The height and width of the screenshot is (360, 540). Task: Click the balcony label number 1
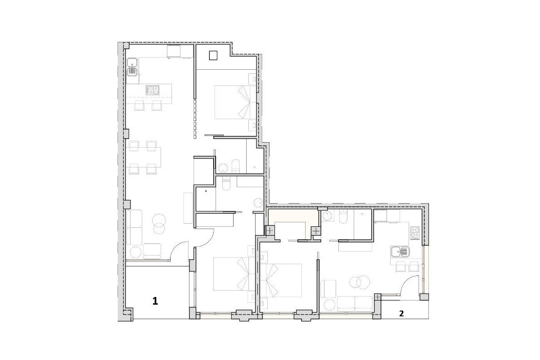coord(155,301)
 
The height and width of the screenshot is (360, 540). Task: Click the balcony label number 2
coord(401,314)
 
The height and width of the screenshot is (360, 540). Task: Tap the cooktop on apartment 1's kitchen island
coord(153,90)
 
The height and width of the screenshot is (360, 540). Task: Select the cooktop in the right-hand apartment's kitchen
coord(415,233)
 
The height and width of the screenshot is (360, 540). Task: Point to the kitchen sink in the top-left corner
coord(132,67)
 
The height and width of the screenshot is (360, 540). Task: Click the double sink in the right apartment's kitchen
coord(400,252)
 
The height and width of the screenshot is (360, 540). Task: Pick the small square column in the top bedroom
coord(213,56)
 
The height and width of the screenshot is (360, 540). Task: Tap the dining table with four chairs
coord(143,157)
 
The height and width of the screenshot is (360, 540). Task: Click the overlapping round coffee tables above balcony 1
coord(159,224)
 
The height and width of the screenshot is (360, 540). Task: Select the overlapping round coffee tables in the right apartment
coord(360,282)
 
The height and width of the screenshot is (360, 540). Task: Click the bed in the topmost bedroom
coord(235,102)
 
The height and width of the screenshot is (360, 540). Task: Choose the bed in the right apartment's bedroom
coord(281,280)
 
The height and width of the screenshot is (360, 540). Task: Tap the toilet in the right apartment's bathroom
coord(343,216)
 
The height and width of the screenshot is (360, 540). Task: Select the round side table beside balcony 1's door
coord(135,252)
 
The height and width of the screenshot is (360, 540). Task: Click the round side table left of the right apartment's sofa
coord(329,305)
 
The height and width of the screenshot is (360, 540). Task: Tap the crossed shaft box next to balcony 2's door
coord(378,297)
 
